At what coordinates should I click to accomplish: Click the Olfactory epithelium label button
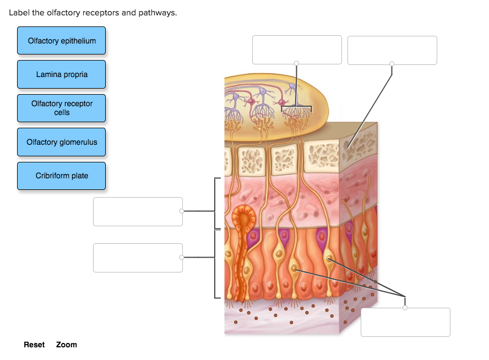point(61,41)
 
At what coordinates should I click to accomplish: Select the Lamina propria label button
point(61,74)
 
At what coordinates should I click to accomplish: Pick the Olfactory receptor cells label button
point(61,108)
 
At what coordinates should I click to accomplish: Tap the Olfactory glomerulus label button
point(61,142)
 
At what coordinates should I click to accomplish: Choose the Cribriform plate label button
point(61,176)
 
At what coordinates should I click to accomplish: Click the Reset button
point(34,345)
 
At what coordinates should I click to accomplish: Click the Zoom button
point(67,345)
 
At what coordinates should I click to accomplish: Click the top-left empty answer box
point(297,50)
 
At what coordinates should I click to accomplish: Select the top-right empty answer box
point(392,50)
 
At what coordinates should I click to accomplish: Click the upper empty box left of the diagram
point(138,211)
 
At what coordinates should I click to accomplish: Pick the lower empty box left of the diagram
point(138,258)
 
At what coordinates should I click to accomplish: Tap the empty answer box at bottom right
point(405,322)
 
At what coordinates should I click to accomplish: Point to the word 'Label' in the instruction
point(19,13)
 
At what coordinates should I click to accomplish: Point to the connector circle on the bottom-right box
point(405,308)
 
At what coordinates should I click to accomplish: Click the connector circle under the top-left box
point(297,63)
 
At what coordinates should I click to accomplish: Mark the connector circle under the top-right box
point(392,64)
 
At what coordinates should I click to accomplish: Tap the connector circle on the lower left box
point(182,257)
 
